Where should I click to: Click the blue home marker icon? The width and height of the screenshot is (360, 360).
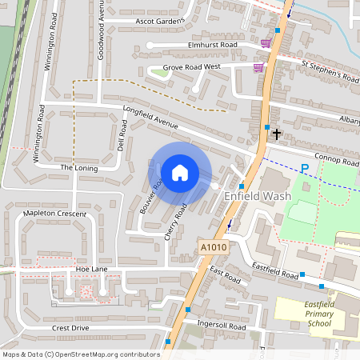[x=180, y=172]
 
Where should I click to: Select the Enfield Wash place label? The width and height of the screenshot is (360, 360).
[x=257, y=195]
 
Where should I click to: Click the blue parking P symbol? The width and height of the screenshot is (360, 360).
[x=304, y=168]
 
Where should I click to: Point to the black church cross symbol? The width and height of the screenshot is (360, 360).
[x=277, y=134]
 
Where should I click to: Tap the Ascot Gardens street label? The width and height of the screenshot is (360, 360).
[x=160, y=21]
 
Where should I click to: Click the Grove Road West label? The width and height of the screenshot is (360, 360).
[x=191, y=68]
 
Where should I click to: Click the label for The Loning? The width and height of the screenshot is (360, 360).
[x=78, y=167]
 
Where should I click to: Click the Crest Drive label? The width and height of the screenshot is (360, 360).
[x=70, y=328]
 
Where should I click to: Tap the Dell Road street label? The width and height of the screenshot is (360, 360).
[x=122, y=138]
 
